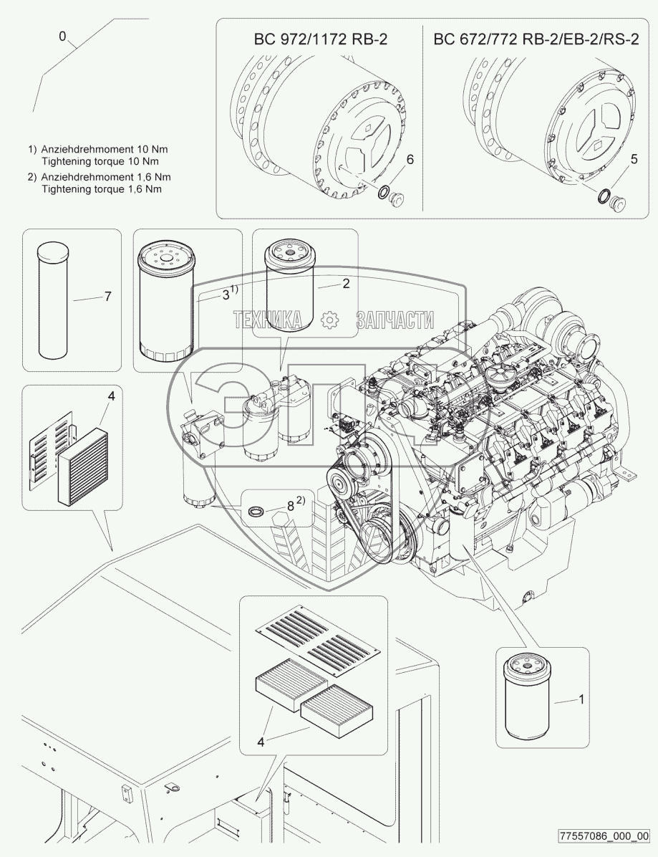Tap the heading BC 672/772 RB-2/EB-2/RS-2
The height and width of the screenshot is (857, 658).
point(536,39)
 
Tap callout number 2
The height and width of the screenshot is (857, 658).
point(345,284)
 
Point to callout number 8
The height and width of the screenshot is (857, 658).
point(290,505)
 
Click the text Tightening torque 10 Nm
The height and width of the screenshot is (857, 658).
point(99,161)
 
